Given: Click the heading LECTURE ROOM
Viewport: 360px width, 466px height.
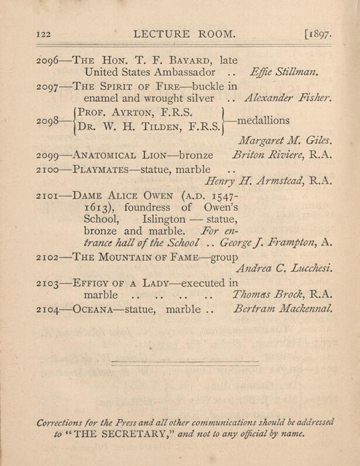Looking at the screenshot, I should click(185, 34).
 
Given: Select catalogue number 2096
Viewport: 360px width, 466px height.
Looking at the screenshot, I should click(47, 60).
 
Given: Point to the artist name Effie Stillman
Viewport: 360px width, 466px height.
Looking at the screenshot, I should click(283, 73).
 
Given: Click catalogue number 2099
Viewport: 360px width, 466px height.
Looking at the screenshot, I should click(47, 155).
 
